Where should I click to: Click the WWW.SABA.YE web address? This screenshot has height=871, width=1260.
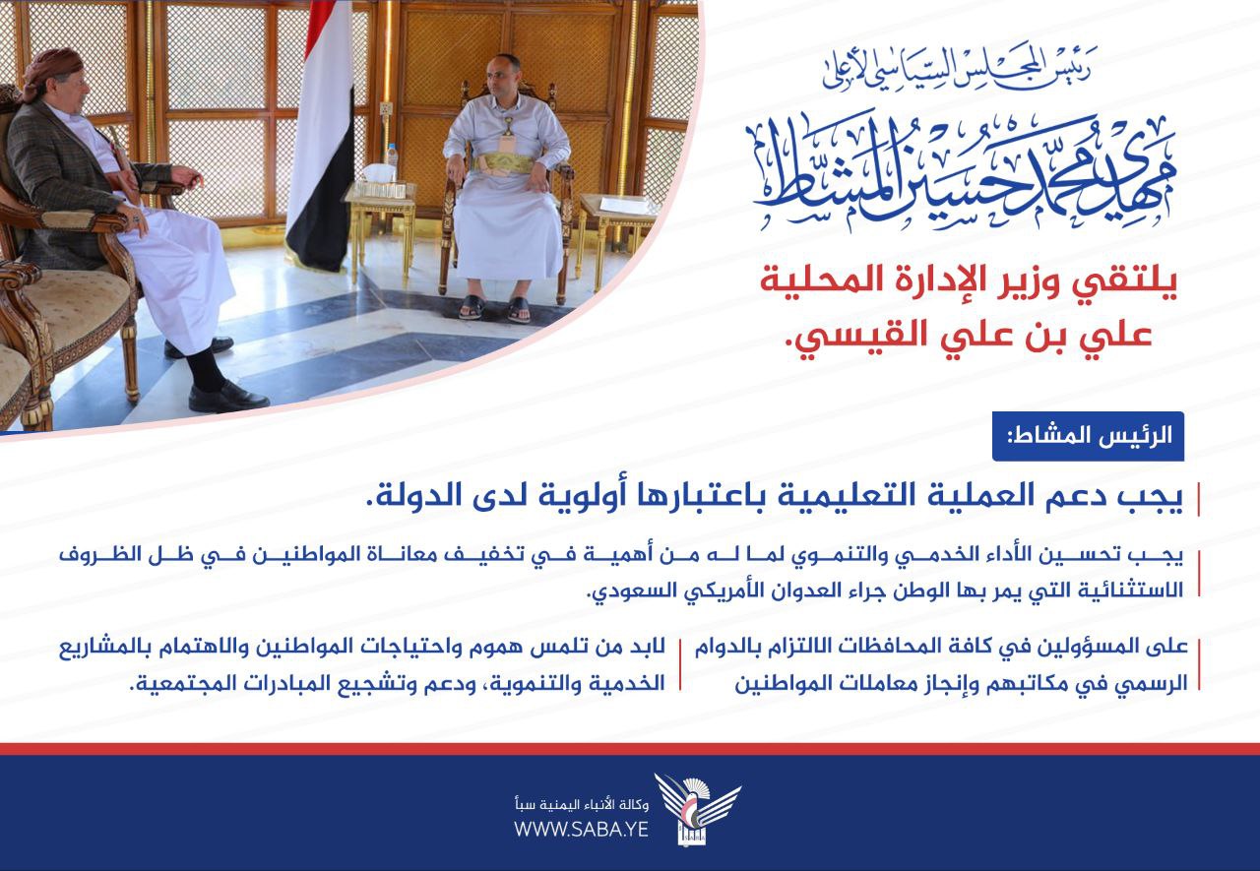[581, 829]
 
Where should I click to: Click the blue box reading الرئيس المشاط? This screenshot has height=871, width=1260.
[1088, 436]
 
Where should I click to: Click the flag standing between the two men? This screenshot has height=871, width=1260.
[321, 135]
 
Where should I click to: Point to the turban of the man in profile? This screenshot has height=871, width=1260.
[52, 69]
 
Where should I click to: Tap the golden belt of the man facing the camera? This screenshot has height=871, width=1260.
[503, 163]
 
